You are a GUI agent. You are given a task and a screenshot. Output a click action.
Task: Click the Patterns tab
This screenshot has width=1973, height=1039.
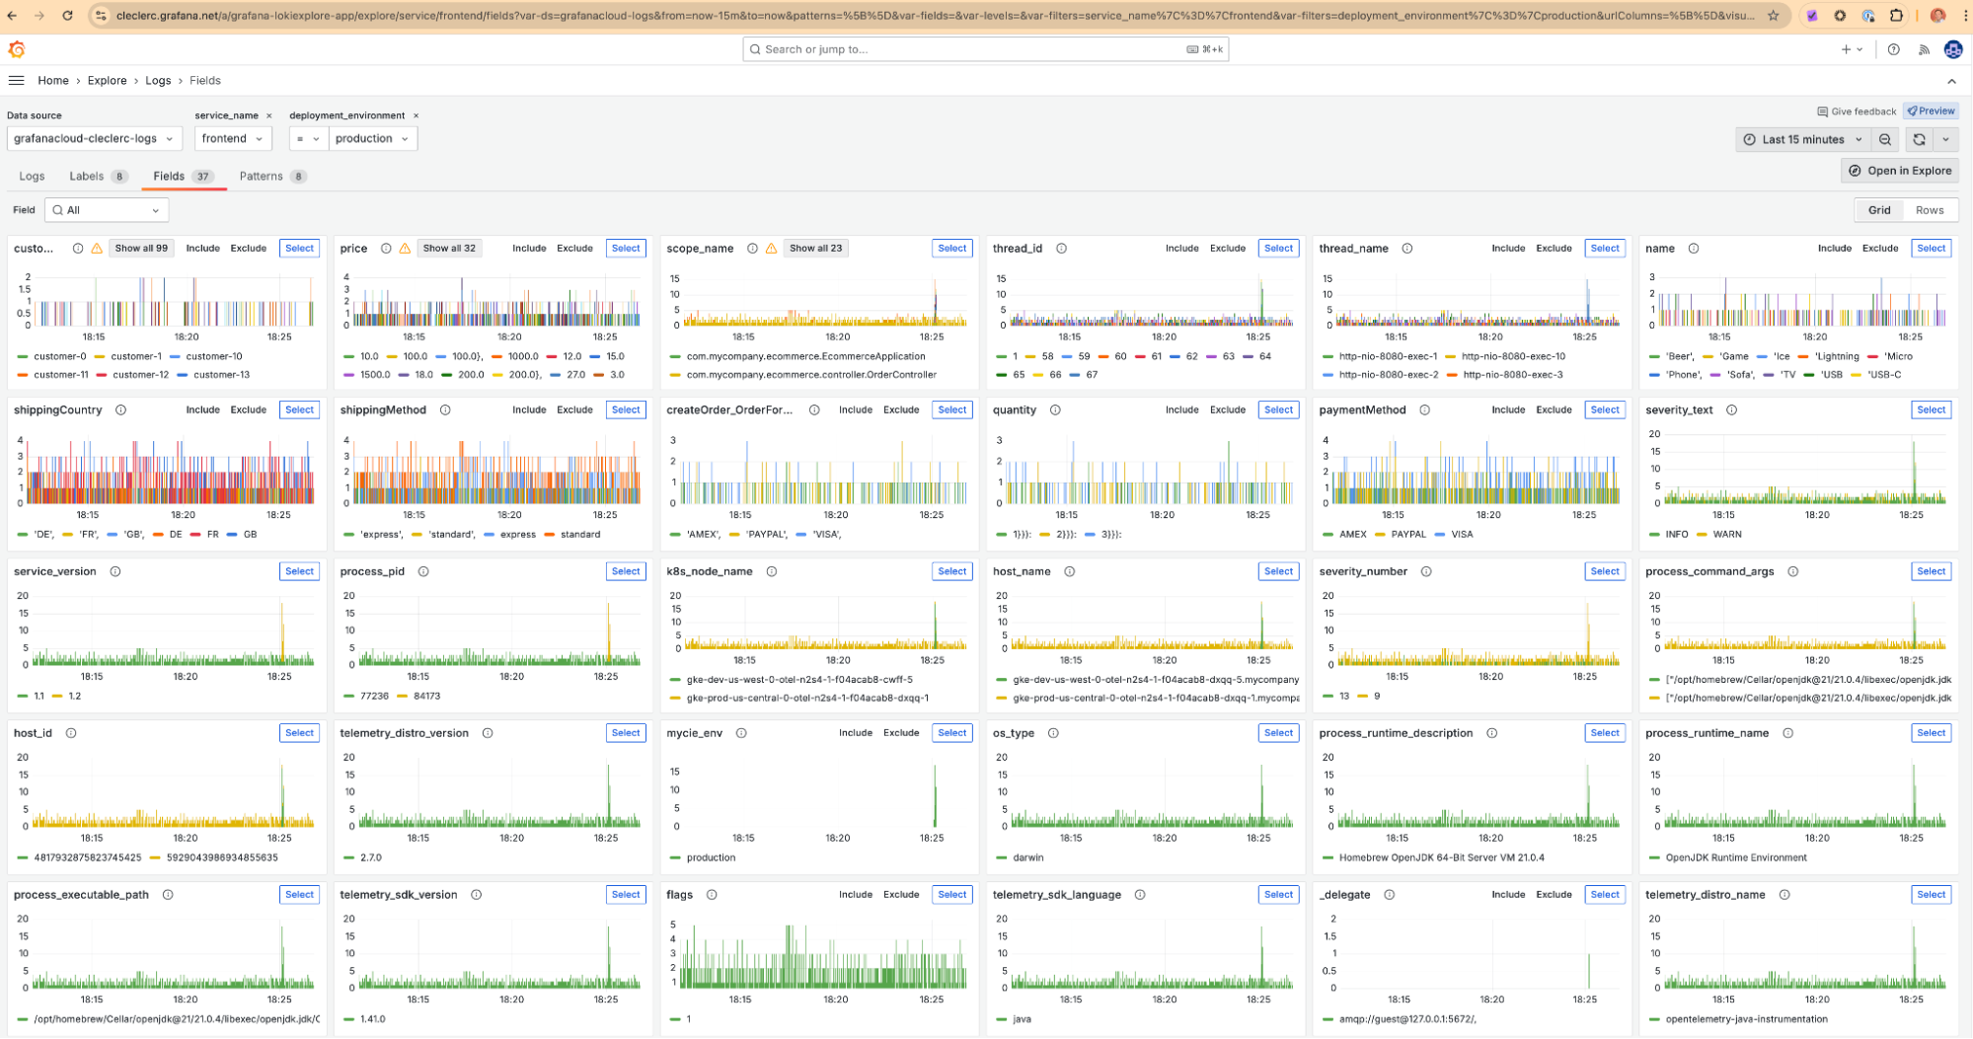[262, 177]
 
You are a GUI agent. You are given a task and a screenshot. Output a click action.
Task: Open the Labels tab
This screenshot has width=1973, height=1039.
[87, 177]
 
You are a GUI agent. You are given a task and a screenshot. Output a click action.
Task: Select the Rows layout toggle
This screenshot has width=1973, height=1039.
[1929, 210]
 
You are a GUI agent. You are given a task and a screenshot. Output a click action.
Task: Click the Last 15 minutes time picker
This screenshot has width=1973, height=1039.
[1801, 140]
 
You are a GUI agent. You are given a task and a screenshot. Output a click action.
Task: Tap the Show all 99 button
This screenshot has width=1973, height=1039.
[141, 249]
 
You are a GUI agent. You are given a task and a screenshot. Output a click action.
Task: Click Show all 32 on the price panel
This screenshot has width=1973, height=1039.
[449, 249]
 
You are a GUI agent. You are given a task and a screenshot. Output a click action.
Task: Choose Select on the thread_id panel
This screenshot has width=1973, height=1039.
[1278, 249]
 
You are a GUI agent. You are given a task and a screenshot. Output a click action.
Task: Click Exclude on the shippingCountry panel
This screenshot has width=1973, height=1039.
[249, 410]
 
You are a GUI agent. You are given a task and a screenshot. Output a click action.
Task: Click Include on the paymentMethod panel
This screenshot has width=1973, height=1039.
[1508, 410]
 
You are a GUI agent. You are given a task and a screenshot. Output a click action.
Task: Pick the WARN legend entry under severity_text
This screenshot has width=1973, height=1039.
[1727, 535]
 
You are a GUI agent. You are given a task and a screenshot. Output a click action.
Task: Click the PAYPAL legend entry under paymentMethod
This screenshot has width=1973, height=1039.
[1408, 535]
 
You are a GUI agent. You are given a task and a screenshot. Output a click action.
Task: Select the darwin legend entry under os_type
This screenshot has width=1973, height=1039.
[1027, 858]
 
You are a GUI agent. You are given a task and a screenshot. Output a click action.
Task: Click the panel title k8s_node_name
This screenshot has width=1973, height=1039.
[710, 572]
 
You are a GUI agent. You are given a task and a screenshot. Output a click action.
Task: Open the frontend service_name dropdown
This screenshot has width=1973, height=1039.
[232, 139]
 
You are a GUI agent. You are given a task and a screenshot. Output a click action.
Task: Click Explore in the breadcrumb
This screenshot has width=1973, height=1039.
[107, 81]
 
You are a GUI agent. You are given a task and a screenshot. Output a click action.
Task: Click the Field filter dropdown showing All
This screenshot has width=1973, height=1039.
[107, 210]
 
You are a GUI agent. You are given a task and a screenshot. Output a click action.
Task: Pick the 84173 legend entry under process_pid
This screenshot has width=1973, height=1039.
[426, 697]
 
